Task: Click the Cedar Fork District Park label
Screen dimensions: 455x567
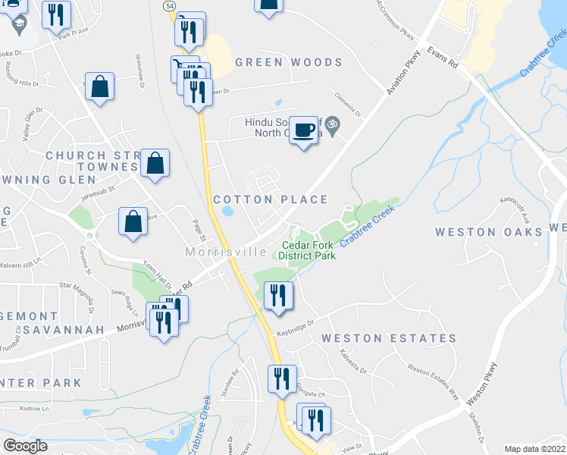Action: point(309,250)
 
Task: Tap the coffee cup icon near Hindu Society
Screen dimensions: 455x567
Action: point(303,130)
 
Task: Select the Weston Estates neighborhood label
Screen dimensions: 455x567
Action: point(389,338)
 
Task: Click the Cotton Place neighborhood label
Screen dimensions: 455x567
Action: point(271,199)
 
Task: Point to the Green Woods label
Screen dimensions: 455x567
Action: point(289,62)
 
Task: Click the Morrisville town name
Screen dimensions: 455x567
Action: point(227,252)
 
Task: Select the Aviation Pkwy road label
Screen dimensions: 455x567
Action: point(403,77)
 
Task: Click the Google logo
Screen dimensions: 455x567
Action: point(25,446)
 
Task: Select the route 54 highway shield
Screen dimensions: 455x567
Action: point(170,5)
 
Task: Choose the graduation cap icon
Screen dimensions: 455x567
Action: point(14,24)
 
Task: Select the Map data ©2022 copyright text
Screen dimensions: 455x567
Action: point(535,449)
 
